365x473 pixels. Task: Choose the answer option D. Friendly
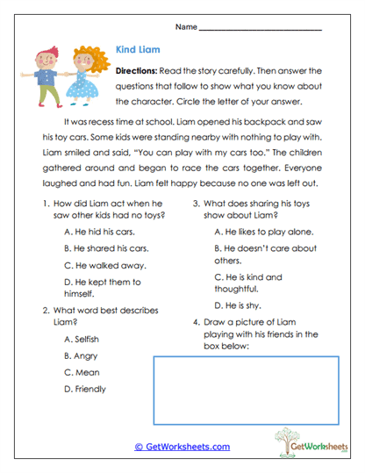click(86, 389)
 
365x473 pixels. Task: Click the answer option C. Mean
click(82, 372)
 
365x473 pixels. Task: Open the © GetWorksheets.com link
click(182, 447)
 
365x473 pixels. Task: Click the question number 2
click(45, 310)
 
